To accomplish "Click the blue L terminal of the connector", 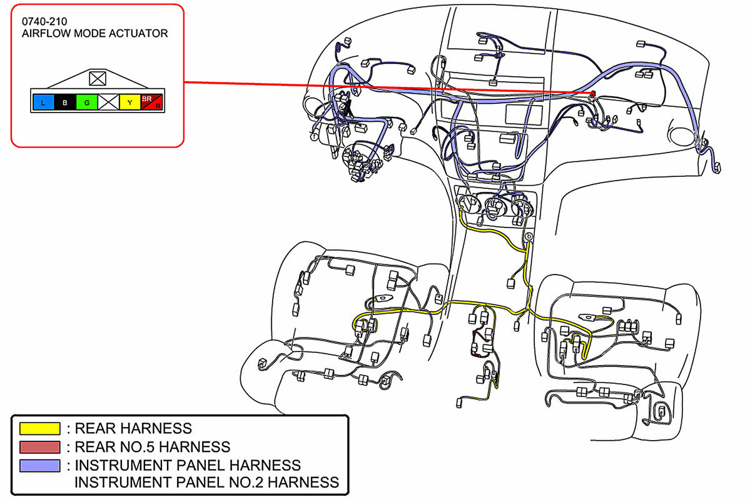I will click(x=43, y=102).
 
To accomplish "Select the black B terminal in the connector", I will click(x=64, y=102).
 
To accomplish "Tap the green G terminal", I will click(x=86, y=102).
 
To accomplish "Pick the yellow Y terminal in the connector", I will click(x=129, y=102).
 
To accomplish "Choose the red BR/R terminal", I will click(x=151, y=102).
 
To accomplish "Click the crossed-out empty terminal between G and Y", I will click(x=108, y=102).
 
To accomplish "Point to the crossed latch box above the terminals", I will click(x=97, y=78).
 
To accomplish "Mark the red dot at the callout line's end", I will click(x=591, y=94).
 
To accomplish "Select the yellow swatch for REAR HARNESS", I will click(x=40, y=429).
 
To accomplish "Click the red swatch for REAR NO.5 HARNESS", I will click(x=40, y=447).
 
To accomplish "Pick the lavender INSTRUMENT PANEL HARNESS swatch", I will click(x=40, y=466).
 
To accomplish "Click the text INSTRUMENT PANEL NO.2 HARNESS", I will click(x=206, y=482).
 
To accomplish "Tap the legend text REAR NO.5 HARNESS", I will click(x=152, y=447).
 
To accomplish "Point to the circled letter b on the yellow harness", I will click(x=529, y=236).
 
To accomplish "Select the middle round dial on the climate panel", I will click(x=495, y=204).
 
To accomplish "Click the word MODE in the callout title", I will click(x=91, y=34).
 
